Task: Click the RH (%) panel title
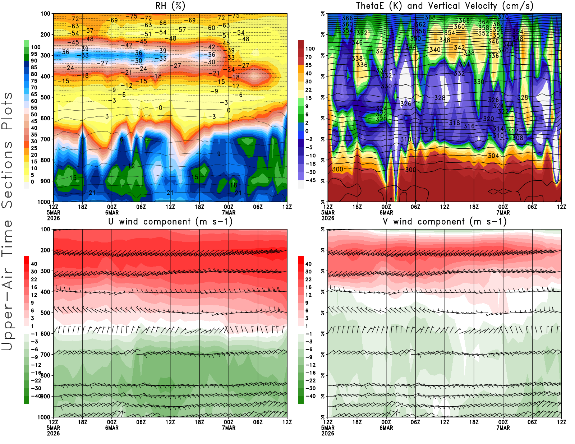(170, 6)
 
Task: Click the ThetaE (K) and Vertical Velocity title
(445, 6)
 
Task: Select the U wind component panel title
(170, 221)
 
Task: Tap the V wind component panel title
(445, 221)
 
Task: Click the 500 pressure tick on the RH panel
(45, 97)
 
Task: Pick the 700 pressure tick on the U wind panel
(45, 355)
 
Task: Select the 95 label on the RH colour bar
(34, 54)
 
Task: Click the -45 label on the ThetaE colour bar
(310, 180)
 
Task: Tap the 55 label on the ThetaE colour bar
(308, 65)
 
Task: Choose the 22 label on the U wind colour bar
(34, 279)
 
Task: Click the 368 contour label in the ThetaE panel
(430, 17)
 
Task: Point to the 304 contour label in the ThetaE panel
(493, 156)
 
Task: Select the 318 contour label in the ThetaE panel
(454, 123)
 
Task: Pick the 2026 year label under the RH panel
(53, 218)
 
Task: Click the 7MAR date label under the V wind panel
(503, 428)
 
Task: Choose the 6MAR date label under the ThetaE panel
(386, 212)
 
